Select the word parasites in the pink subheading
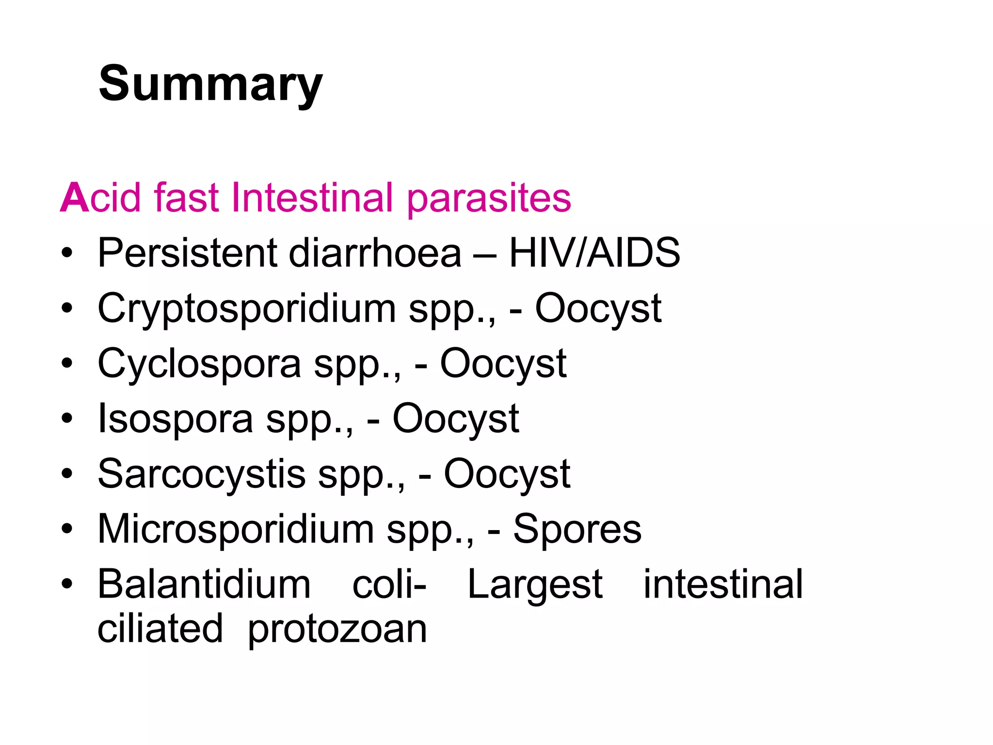pyautogui.click(x=489, y=199)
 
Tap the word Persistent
pyautogui.click(x=187, y=253)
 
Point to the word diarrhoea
pyautogui.click(x=375, y=253)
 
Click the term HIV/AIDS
pyautogui.click(x=594, y=253)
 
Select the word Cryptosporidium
pyautogui.click(x=247, y=308)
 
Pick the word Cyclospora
pyautogui.click(x=199, y=364)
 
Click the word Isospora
pyautogui.click(x=176, y=419)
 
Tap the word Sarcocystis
pyautogui.click(x=202, y=474)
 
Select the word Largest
pyautogui.click(x=535, y=585)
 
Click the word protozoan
pyautogui.click(x=337, y=630)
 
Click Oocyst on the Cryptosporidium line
pyautogui.click(x=598, y=308)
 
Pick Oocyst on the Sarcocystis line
pyautogui.click(x=507, y=474)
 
